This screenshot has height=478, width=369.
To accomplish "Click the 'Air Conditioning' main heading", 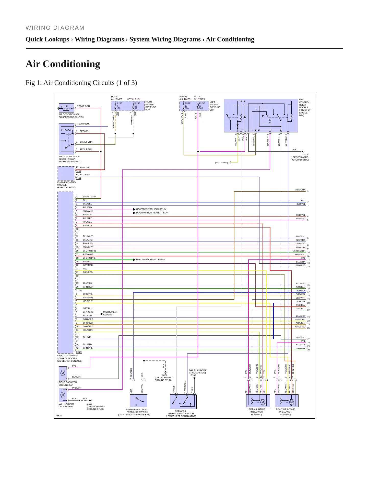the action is (63, 64).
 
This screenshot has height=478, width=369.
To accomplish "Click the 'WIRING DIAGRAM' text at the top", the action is (55, 28).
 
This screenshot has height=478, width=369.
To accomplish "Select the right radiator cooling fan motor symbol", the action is (63, 373).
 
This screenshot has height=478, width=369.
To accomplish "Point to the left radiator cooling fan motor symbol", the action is (63, 395).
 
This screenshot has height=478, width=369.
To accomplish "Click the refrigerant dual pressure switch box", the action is (139, 401).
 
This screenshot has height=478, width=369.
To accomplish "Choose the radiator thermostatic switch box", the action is (183, 402).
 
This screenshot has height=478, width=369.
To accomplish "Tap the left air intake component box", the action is (258, 401).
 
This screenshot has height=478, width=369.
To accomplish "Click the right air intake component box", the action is (287, 401).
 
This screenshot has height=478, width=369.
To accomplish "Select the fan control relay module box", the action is (261, 116).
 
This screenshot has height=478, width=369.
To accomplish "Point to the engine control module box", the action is (66, 174).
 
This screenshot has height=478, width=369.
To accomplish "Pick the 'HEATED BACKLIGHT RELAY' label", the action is (150, 259).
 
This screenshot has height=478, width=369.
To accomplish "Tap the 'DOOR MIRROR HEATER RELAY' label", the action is (152, 213).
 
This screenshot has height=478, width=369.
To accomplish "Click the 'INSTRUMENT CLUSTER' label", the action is (110, 313).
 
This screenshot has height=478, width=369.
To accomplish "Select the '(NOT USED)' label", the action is (221, 163).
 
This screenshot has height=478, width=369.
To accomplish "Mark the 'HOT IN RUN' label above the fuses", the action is (133, 99).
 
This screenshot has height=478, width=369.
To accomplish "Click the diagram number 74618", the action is (58, 416).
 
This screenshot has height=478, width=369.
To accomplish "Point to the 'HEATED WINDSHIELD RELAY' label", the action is (151, 209).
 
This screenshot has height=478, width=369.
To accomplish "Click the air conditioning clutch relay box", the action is (66, 139).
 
